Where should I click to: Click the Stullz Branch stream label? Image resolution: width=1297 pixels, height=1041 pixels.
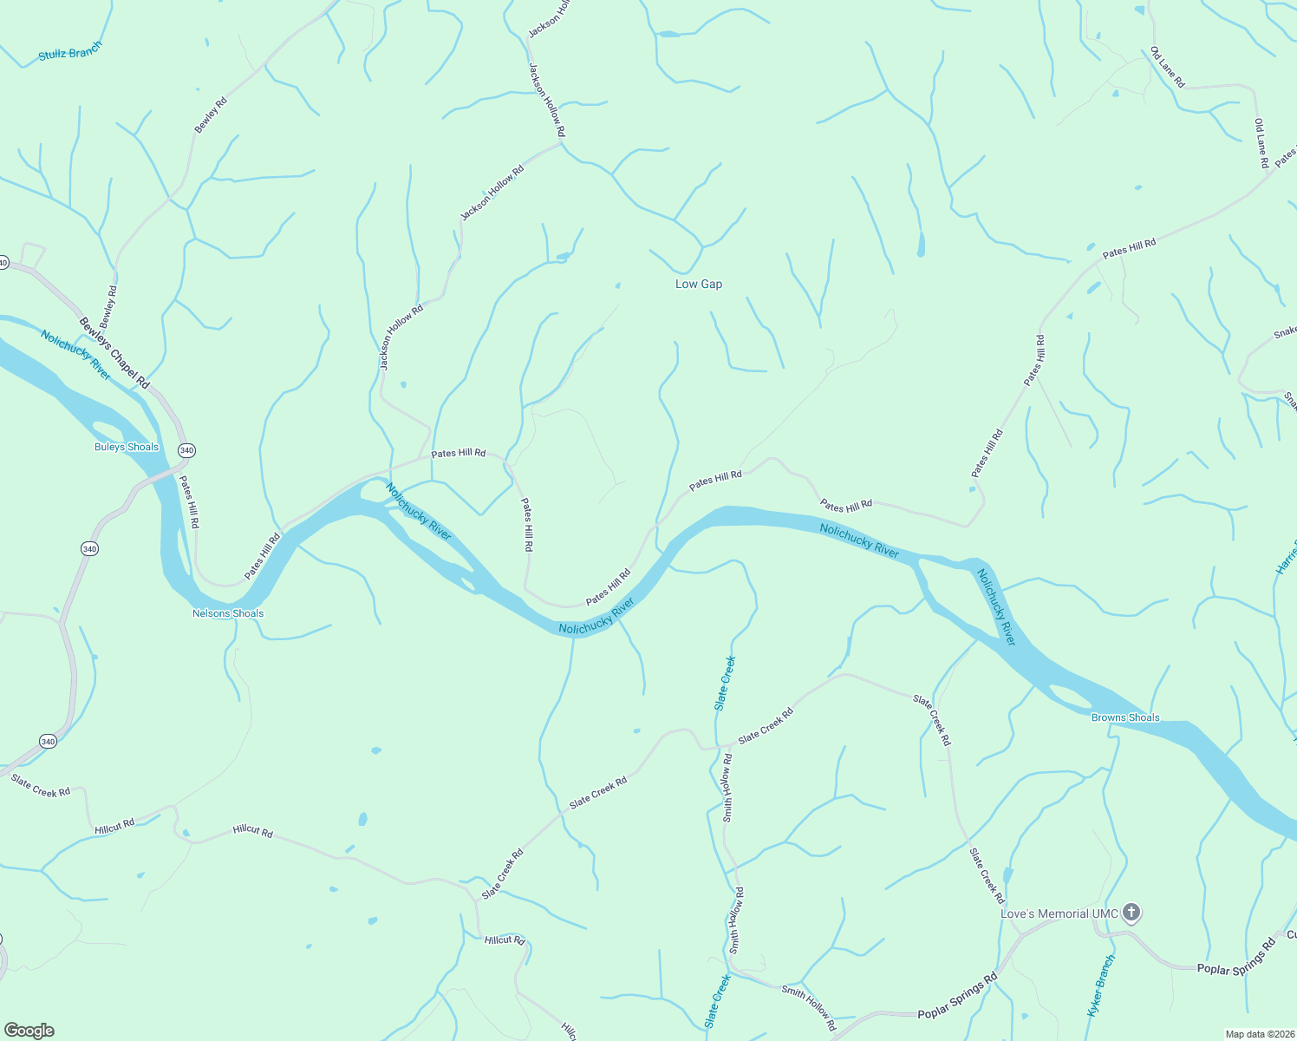click(70, 51)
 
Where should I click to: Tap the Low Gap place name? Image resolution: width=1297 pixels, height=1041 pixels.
click(699, 284)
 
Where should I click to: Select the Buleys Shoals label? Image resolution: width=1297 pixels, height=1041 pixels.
click(127, 447)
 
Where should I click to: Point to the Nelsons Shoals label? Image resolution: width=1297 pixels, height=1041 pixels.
click(228, 613)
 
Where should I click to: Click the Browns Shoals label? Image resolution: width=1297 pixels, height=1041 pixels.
click(1125, 717)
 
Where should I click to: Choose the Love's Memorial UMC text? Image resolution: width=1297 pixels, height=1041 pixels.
click(1059, 913)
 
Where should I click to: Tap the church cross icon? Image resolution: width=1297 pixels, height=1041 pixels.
click(1131, 913)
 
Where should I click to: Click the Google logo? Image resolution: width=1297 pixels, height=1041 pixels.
click(29, 1031)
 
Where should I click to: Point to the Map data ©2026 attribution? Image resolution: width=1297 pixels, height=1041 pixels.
click(1260, 1034)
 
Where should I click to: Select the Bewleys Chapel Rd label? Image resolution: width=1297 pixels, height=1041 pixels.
click(114, 352)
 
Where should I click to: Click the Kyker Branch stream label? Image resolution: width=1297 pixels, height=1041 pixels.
click(1100, 985)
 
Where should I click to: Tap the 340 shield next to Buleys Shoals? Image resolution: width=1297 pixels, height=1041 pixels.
click(186, 450)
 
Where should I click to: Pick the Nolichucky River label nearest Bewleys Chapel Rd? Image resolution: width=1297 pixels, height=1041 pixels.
click(76, 354)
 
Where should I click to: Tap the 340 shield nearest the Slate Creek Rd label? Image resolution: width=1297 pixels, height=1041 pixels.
click(48, 741)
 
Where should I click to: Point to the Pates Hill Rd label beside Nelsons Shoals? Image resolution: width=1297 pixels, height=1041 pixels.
click(262, 556)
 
